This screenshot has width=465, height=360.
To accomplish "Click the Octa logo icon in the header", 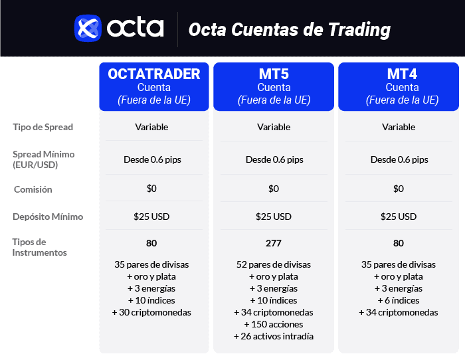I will tap(88, 29).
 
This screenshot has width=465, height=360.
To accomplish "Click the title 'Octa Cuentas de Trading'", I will tap(289, 30).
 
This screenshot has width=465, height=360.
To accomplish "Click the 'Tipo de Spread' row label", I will tap(43, 127).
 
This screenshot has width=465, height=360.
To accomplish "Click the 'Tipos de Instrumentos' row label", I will tap(39, 247).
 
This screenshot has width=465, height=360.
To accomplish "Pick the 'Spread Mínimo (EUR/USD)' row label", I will tap(43, 159).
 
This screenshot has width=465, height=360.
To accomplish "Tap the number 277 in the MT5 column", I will tap(274, 243).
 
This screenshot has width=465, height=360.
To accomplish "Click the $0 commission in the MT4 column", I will tap(399, 189).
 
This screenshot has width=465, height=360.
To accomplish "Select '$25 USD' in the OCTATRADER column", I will tap(151, 217).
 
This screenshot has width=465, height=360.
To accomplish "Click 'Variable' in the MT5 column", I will tap(274, 127).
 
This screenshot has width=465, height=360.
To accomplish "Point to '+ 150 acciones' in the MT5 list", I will tap(274, 324).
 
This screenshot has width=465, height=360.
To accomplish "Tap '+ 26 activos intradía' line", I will tap(274, 336).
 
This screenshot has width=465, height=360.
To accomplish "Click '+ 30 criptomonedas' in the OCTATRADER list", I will tap(151, 312).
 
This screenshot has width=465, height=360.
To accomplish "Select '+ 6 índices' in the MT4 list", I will tap(399, 300).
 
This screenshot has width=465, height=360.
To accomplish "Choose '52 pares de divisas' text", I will tap(274, 264).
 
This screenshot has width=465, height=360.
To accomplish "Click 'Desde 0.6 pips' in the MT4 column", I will tap(399, 159).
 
